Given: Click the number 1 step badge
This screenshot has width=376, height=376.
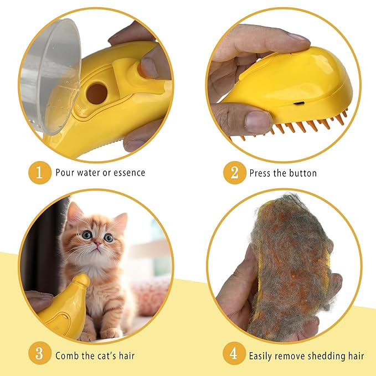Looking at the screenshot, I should (39, 172).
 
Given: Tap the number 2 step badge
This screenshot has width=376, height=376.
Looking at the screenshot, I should (234, 173).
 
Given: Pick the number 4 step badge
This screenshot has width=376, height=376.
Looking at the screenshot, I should (234, 355).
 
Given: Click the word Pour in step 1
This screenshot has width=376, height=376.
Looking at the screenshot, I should (65, 172).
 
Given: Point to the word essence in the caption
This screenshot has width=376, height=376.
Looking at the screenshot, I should (128, 172).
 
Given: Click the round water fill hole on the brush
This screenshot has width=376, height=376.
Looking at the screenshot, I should (96, 94).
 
